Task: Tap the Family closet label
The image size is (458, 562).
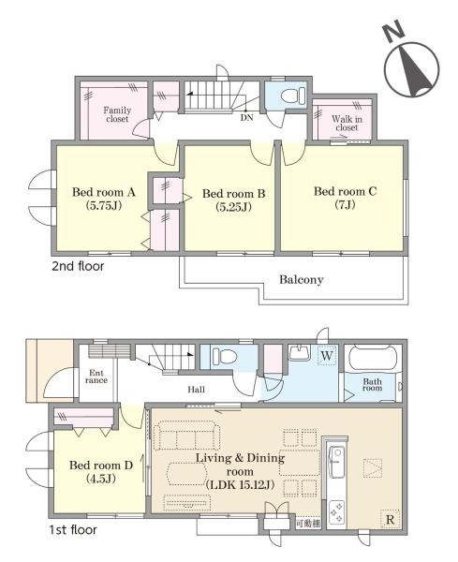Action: click(117, 114)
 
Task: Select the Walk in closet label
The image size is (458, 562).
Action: click(347, 123)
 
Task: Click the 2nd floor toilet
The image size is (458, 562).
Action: click(292, 96)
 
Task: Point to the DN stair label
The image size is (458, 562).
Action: click(246, 117)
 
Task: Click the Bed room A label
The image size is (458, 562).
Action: click(104, 199)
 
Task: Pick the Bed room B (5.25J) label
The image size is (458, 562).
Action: click(233, 200)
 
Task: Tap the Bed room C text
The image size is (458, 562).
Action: click(345, 191)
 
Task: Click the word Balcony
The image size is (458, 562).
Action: click(302, 279)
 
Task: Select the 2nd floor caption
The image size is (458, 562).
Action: click(78, 266)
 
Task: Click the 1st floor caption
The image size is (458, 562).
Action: click(73, 530)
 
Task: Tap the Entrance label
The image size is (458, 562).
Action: click(96, 377)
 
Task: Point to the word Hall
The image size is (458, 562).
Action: click(197, 390)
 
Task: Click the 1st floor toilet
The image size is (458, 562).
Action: click(225, 357)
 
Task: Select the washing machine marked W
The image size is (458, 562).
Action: click(327, 356)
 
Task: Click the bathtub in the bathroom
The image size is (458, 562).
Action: click(373, 358)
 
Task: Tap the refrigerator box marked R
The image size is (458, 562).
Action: click(390, 519)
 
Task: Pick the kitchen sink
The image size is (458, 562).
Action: click(336, 462)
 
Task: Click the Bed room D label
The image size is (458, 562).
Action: click(101, 472)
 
